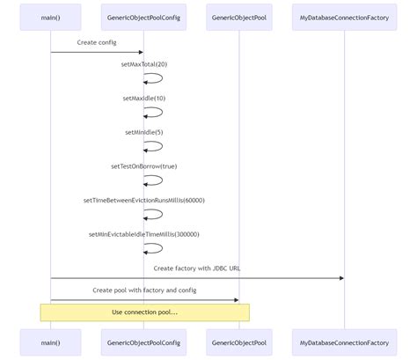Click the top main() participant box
click(x=50, y=17)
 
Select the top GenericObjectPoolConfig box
click(x=144, y=17)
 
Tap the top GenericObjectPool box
click(x=238, y=17)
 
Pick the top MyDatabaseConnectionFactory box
click(x=344, y=17)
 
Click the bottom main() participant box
click(x=50, y=342)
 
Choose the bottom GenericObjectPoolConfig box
click(x=144, y=342)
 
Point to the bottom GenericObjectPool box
click(x=238, y=342)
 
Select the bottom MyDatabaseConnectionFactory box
click(x=344, y=342)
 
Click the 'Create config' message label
click(x=98, y=42)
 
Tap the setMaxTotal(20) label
click(x=144, y=64)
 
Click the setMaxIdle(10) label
click(x=144, y=98)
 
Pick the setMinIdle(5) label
click(x=144, y=132)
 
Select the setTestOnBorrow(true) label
click(x=144, y=165)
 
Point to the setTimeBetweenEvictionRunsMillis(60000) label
click(x=144, y=200)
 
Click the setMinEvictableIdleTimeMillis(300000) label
click(x=144, y=234)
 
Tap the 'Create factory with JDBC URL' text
click(x=197, y=268)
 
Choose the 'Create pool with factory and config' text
click(x=144, y=290)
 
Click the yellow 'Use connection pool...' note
click(x=144, y=312)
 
